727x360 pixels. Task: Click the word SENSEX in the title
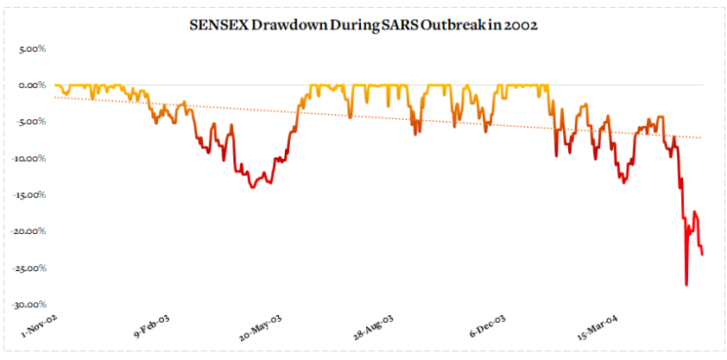pyautogui.click(x=217, y=26)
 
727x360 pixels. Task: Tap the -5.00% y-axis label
pyautogui.click(x=30, y=122)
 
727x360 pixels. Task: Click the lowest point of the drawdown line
pyautogui.click(x=686, y=285)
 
